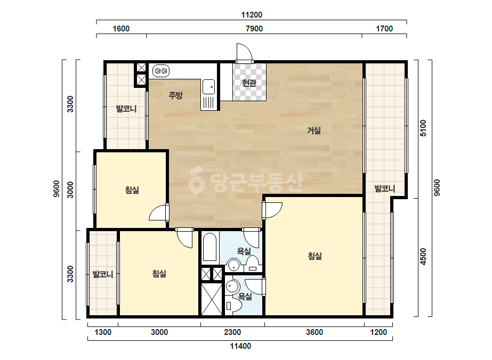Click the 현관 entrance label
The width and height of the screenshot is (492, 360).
(x=249, y=83)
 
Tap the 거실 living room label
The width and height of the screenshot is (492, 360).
(x=314, y=130)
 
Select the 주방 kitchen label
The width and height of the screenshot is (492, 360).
(x=175, y=95)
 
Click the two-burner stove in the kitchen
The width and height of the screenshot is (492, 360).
(x=161, y=71)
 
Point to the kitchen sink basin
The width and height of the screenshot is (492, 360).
(x=208, y=87)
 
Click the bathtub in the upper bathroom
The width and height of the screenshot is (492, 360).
(x=209, y=247)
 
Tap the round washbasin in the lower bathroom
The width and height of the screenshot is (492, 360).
(x=232, y=287)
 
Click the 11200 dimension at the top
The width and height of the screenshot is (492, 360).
(x=252, y=15)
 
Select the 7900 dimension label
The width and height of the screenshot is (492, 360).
(x=254, y=29)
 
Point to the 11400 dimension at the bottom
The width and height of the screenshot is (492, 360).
(x=240, y=346)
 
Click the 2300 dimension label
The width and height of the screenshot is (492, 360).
(x=232, y=332)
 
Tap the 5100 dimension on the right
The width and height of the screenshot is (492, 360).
(x=423, y=128)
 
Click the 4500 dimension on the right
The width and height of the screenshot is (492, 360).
(x=423, y=257)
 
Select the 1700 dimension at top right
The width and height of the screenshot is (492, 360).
(x=384, y=29)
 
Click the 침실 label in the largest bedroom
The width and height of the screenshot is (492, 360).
(x=314, y=256)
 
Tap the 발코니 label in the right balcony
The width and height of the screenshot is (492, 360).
(x=385, y=189)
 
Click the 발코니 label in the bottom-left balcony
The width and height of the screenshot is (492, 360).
(x=103, y=274)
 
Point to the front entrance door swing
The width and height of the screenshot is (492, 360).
(x=245, y=52)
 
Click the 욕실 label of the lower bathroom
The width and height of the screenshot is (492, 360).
(x=245, y=296)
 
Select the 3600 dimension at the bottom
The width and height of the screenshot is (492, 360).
(x=314, y=332)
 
